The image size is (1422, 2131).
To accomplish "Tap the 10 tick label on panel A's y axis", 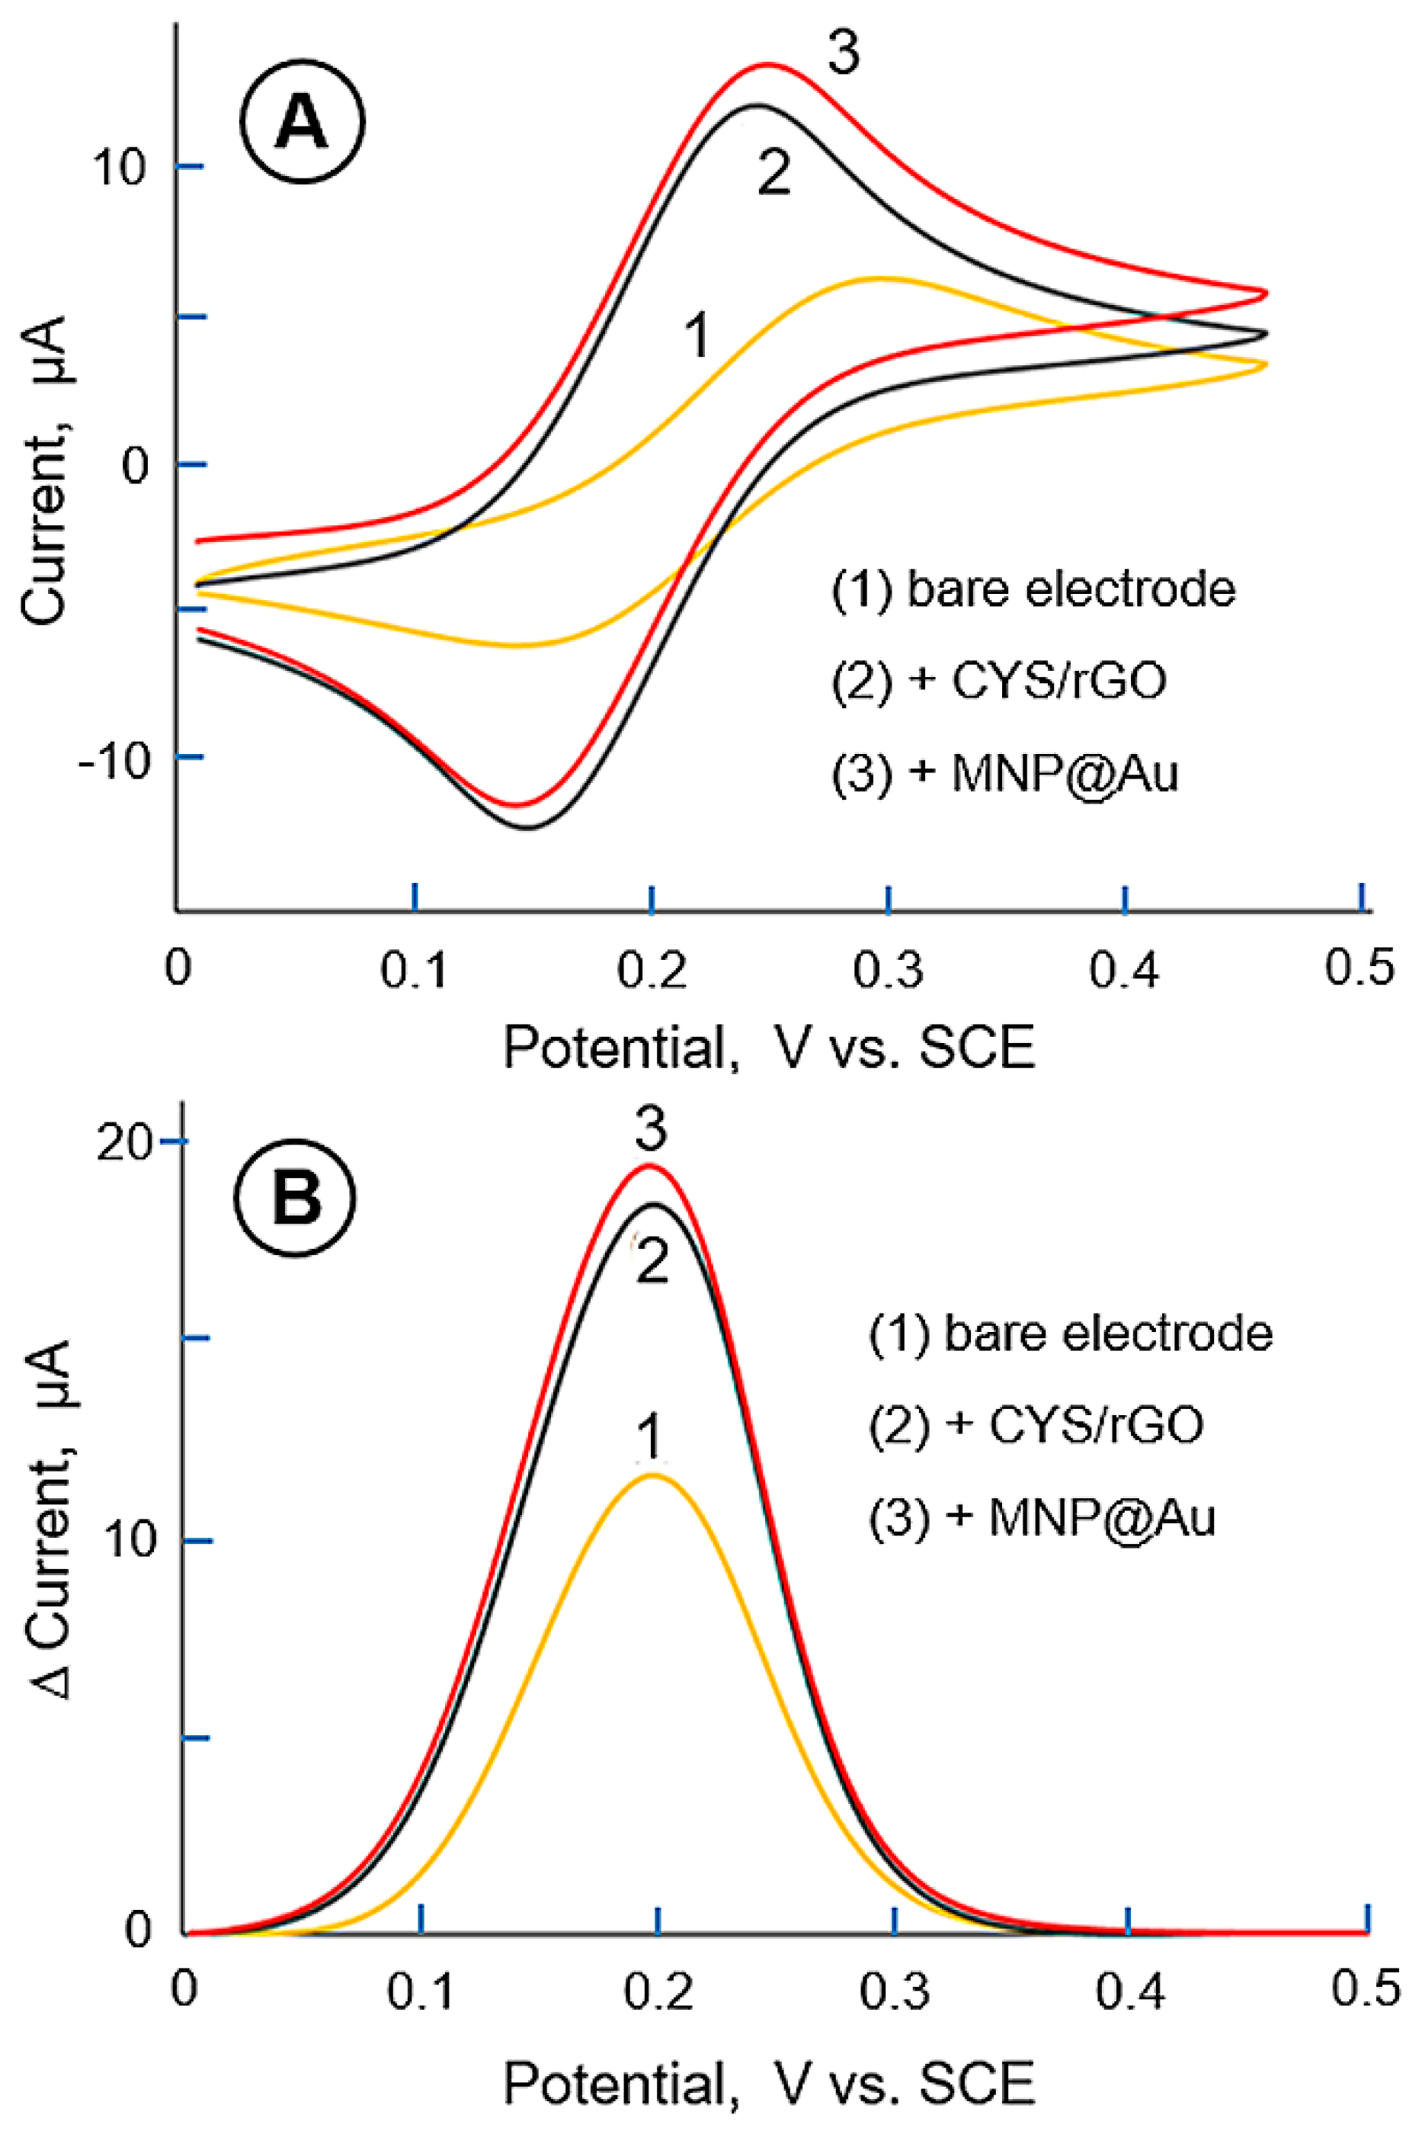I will coord(119,168).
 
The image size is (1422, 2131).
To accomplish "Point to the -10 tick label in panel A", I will coord(114,760).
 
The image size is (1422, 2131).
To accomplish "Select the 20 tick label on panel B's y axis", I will coord(124,1144).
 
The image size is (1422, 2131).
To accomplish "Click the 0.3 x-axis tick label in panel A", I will coord(888,970).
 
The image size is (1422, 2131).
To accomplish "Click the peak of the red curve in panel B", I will coord(649,1166).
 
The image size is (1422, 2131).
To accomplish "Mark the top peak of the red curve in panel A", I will coord(769,64).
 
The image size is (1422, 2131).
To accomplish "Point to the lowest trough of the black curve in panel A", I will coord(527,827).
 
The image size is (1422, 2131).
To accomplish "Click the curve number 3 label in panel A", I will coord(844,53).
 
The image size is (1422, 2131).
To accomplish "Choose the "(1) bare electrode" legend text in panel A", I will coord(1034,589).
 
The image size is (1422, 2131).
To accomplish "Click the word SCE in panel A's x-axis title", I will coord(977,1048).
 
